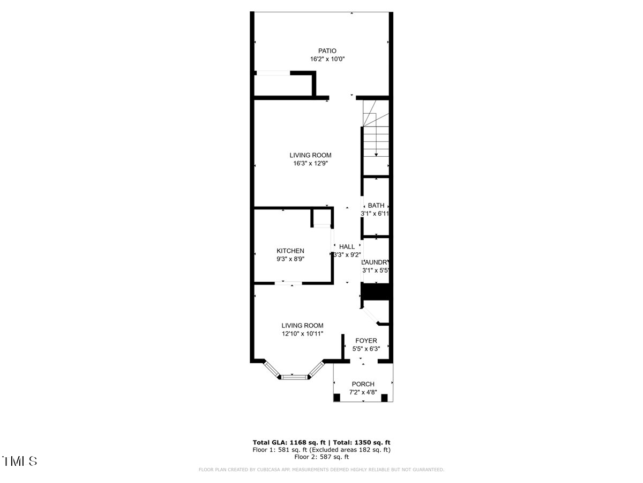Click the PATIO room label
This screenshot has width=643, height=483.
coord(320,51)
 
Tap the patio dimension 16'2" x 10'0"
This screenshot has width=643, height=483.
coord(320,59)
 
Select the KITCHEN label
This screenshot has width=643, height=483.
coord(290,251)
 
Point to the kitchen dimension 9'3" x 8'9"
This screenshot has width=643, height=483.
coord(290,259)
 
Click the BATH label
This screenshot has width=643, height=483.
coord(376,205)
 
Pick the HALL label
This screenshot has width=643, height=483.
coord(347,246)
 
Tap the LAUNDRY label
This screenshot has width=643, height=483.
coord(376,262)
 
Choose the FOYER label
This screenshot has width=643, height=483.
coord(366,340)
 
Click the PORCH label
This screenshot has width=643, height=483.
coord(363,384)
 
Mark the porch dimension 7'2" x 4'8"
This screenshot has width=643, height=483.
coord(363,392)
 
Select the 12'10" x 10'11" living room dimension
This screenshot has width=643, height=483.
coord(303,333)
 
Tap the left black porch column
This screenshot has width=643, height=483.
coord(337,398)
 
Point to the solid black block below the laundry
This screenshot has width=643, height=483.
coord(377,292)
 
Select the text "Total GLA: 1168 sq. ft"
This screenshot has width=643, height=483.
coord(287,442)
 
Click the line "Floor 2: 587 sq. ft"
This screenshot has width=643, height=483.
coord(322,457)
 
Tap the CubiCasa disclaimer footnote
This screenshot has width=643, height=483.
coord(322,470)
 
